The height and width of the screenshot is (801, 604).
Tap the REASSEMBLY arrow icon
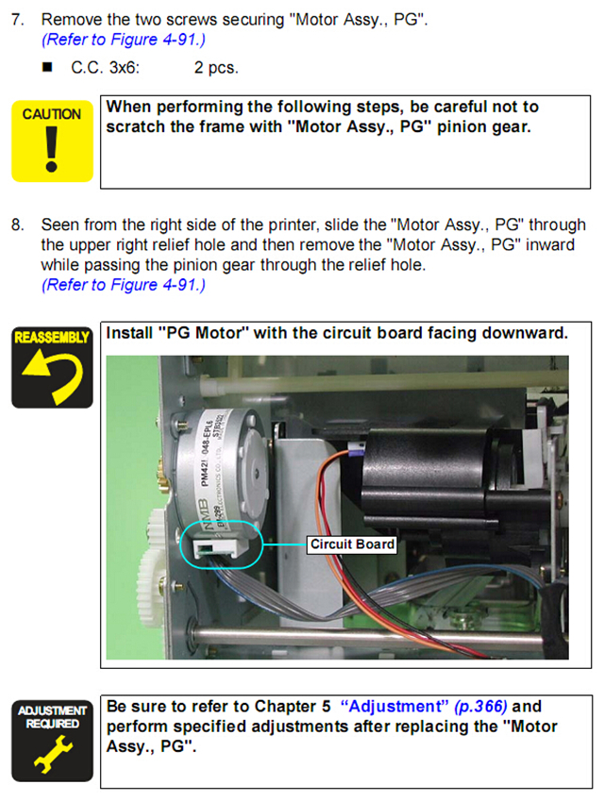pyautogui.click(x=52, y=367)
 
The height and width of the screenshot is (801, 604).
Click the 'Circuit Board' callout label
pyautogui.click(x=352, y=544)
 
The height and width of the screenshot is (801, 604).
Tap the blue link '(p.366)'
pyautogui.click(x=481, y=707)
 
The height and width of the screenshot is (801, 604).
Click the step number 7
pyautogui.click(x=16, y=19)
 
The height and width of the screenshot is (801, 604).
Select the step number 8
pyautogui.click(x=16, y=225)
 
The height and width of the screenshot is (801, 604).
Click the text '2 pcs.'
pyautogui.click(x=216, y=68)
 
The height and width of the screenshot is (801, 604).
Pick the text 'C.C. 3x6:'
pyautogui.click(x=106, y=68)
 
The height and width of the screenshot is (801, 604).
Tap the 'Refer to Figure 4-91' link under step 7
pyautogui.click(x=123, y=42)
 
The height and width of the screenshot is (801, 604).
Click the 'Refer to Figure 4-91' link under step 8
pyautogui.click(x=123, y=284)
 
